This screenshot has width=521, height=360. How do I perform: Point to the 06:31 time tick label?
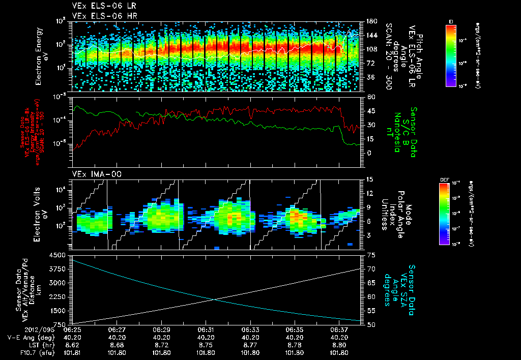tap(206, 329)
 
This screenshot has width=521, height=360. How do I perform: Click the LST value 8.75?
tap(206, 344)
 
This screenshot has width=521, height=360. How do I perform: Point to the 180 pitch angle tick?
tap(371, 21)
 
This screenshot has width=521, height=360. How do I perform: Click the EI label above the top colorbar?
tap(451, 21)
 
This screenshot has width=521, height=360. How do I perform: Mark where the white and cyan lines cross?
tap(216, 299)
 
